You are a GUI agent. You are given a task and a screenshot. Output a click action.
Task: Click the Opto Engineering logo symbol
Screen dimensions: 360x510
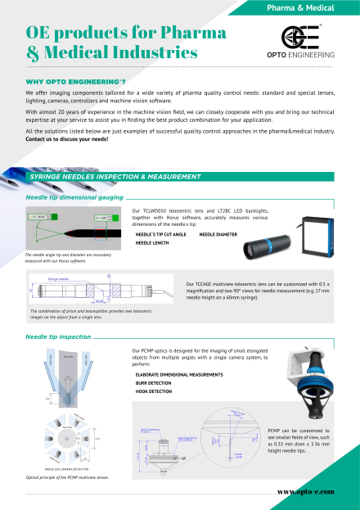[x=295, y=37]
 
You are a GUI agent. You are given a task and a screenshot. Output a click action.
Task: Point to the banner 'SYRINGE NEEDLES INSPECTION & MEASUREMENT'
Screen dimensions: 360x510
[x=115, y=177]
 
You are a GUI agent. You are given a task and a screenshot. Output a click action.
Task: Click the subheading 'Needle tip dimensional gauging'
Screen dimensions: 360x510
[x=74, y=197]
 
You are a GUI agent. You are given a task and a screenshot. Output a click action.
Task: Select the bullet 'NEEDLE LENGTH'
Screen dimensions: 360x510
[x=155, y=243]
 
